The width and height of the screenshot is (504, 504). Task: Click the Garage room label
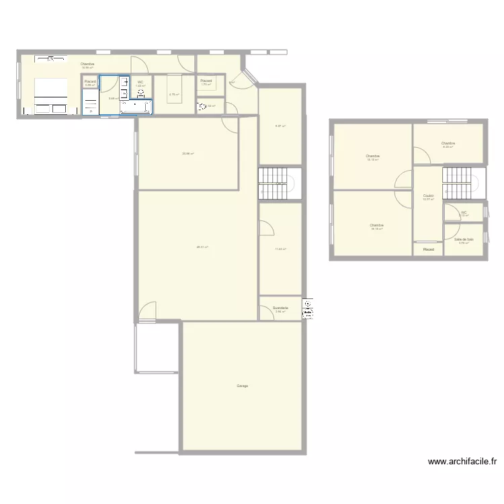[242, 386]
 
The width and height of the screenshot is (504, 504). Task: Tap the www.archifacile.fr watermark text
[462, 462]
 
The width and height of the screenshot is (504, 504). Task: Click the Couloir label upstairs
[428, 197]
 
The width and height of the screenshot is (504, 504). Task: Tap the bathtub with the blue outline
[136, 106]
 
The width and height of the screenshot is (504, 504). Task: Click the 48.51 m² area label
[202, 247]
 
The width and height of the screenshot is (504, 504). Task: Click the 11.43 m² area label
[280, 249]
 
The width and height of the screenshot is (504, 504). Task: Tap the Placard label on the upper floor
[428, 249]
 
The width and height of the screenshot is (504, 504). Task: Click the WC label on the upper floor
[464, 214]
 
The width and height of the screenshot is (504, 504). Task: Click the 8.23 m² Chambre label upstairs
[448, 144]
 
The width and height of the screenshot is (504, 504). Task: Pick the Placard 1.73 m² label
[206, 83]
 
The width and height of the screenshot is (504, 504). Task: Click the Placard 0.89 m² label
[91, 83]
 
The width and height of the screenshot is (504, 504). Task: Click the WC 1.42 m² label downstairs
[140, 83]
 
